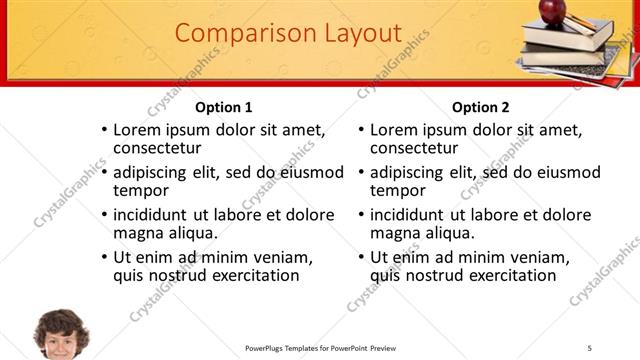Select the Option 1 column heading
224,107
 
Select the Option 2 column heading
481,107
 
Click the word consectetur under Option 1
158,148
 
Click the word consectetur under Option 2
415,148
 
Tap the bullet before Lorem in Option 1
104,130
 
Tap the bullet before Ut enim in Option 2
361,258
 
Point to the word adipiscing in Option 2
408,172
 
